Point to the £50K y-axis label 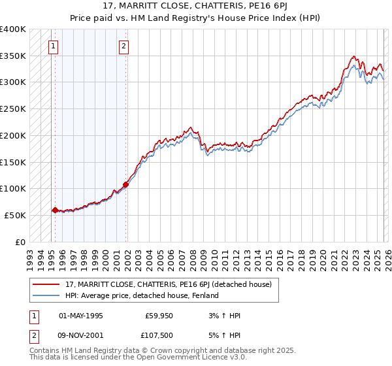14,215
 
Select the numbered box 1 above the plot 54,46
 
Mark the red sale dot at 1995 55,210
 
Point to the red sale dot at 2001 125,184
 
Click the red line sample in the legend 47,284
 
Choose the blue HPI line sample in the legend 47,295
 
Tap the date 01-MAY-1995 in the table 80,316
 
